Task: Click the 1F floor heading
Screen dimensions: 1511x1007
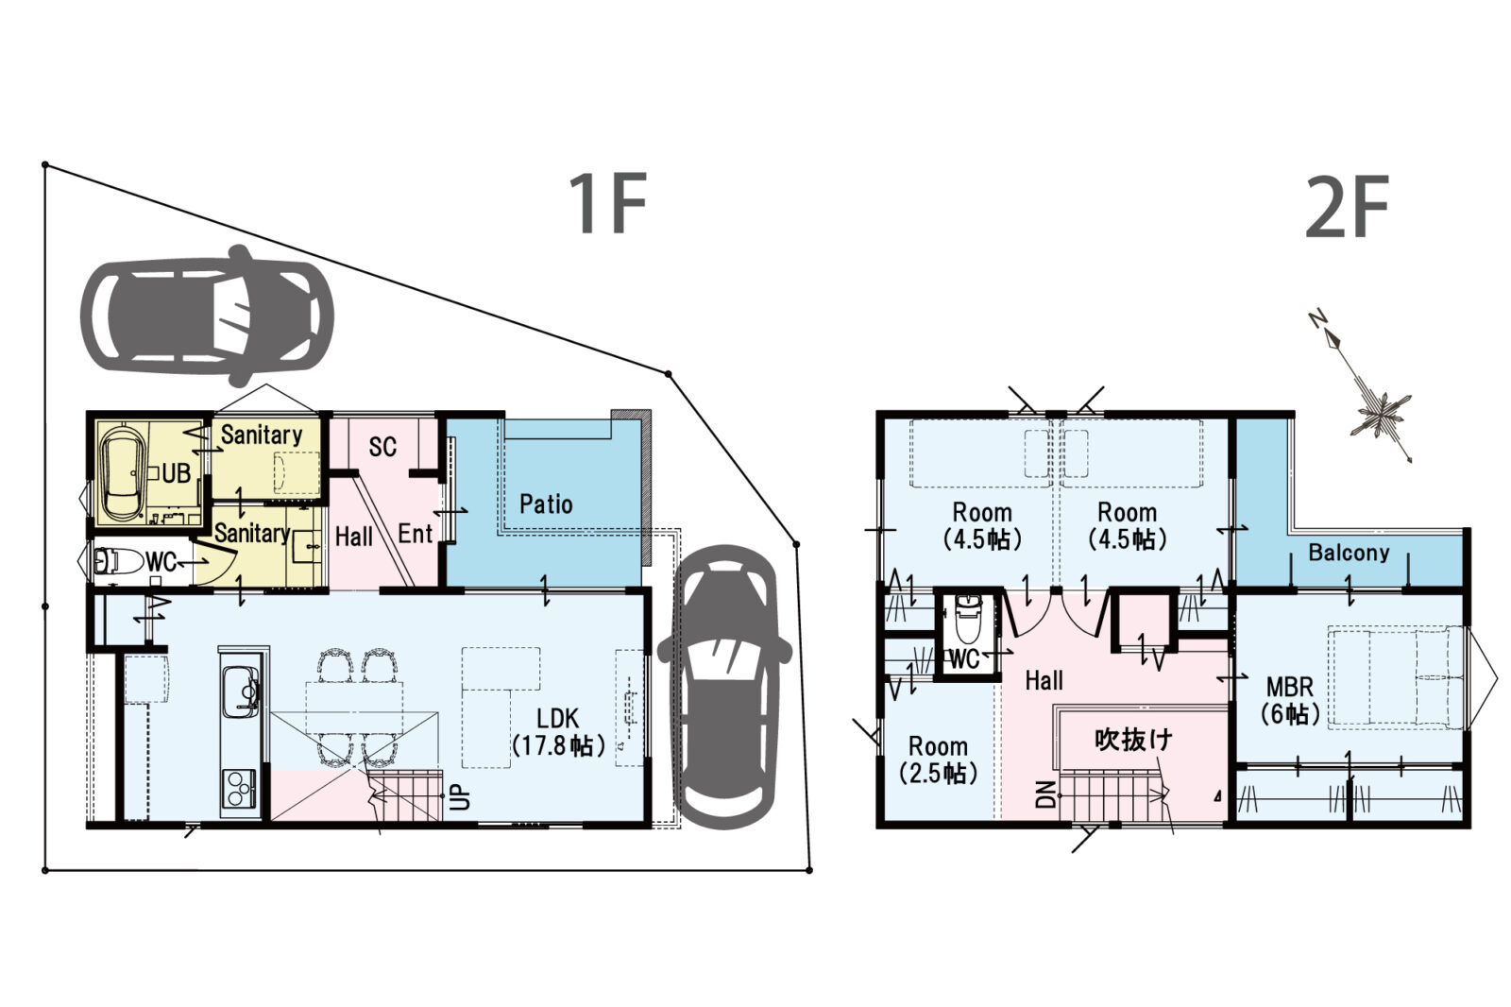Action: [608, 203]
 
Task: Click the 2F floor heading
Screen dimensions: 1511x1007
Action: [1347, 207]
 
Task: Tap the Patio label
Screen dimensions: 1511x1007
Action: [546, 504]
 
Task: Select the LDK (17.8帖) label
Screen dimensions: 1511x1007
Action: [558, 731]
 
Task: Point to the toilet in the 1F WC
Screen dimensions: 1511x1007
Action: [118, 560]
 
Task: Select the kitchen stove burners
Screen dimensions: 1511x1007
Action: [240, 788]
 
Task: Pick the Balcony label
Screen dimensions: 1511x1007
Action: [1350, 553]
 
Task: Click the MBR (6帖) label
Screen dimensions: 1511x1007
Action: [1290, 700]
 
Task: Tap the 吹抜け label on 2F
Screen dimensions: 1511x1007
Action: [1133, 741]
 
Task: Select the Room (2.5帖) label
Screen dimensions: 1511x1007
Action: [939, 760]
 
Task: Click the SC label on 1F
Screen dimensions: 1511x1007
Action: [382, 447]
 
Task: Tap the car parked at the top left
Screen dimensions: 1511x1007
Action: [207, 316]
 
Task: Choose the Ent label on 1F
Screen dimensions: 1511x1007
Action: [415, 534]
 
